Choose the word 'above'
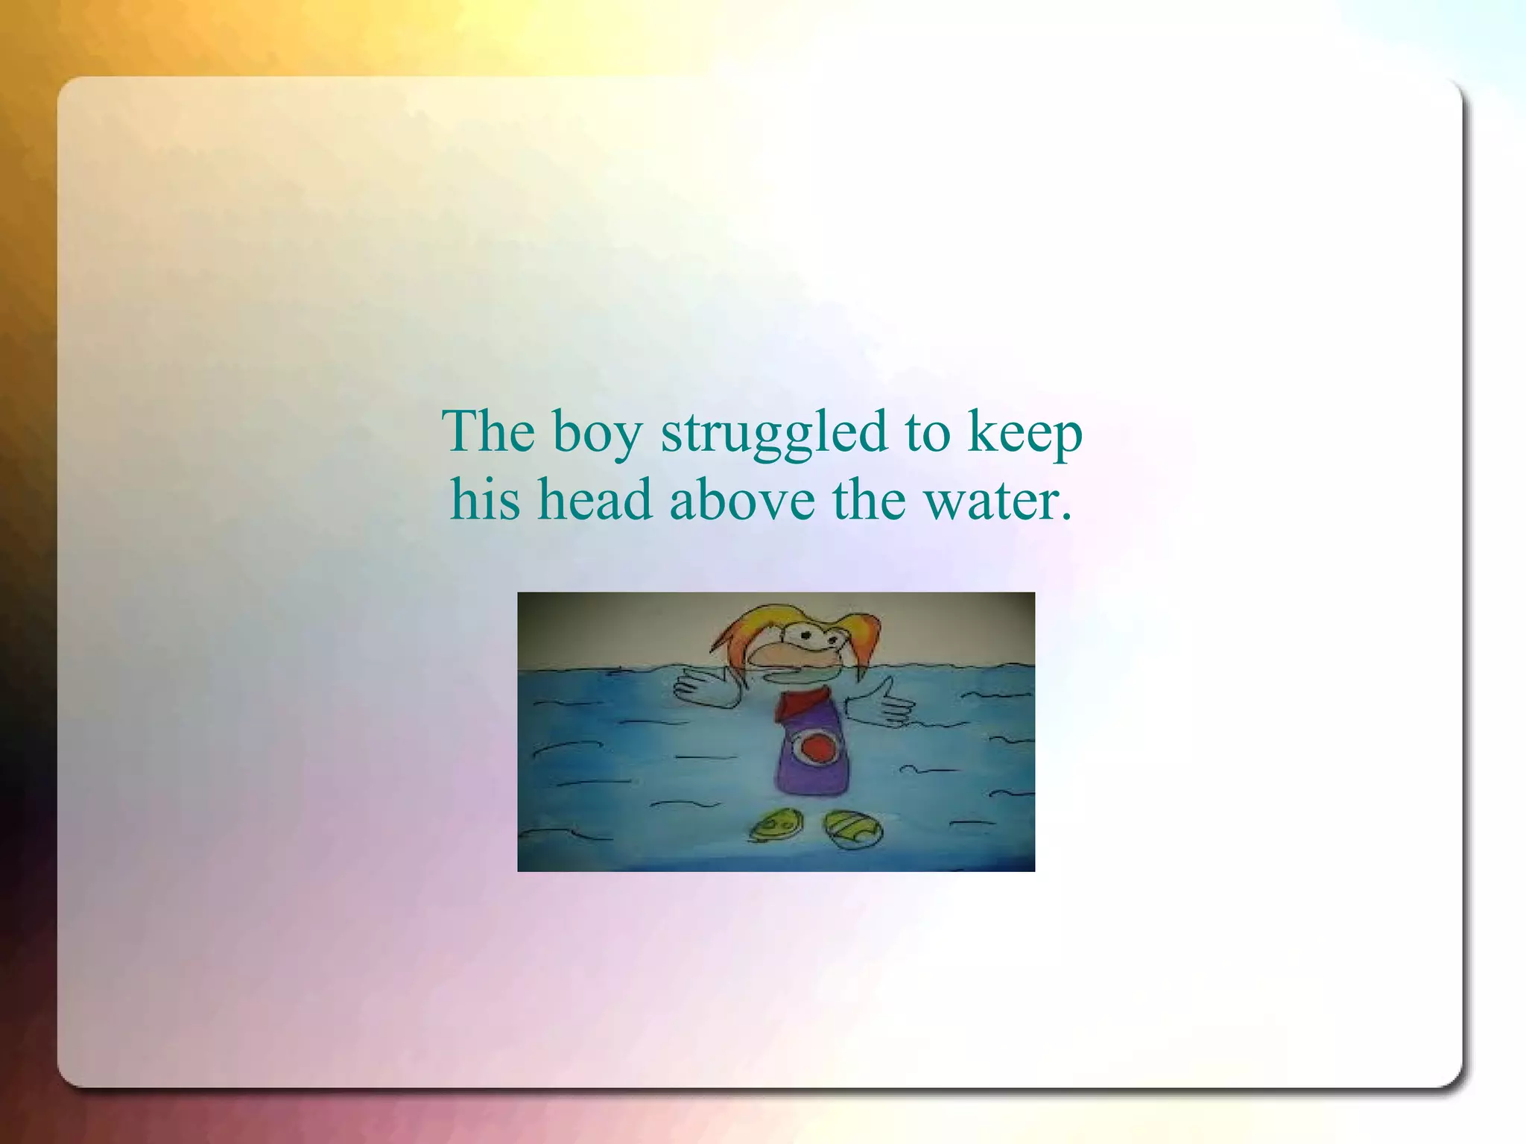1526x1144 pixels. tap(741, 499)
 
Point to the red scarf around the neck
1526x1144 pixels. tap(802, 704)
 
